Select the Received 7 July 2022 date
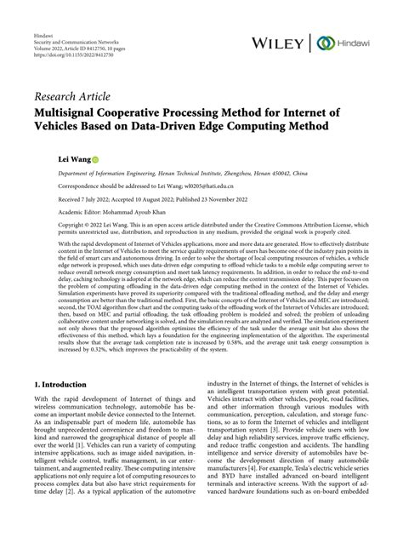pyautogui.click(x=84, y=197)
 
